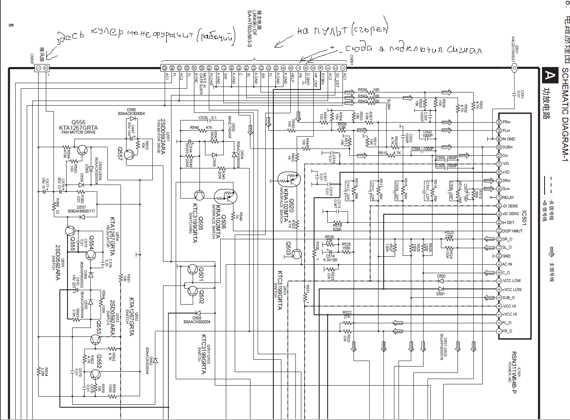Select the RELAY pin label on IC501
[508, 197]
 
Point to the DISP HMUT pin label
[512, 231]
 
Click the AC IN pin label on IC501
[507, 264]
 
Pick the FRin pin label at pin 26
[506, 122]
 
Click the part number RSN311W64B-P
[514, 372]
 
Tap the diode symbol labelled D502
[441, 281]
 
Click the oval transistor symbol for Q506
[225, 196]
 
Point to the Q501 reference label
[201, 274]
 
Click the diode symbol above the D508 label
[197, 314]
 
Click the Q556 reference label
[79, 122]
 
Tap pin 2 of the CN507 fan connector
[46, 68]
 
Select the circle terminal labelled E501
[514, 68]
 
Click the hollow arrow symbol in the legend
[552, 252]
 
